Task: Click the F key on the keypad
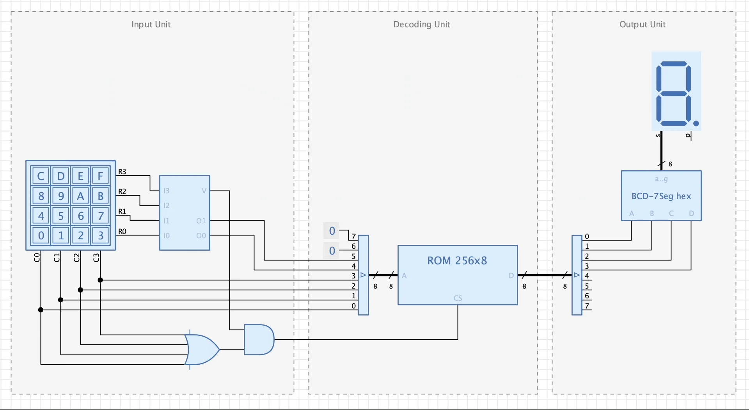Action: (100, 176)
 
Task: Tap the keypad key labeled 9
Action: (61, 196)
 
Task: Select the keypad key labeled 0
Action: (41, 235)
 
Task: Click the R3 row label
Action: (122, 171)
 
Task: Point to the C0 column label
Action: (37, 257)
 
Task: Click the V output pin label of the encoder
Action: (204, 191)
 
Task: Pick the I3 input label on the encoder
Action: (167, 191)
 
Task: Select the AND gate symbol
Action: (259, 340)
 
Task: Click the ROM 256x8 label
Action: (457, 261)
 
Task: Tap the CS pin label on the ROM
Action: (458, 298)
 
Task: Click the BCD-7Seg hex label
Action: (661, 196)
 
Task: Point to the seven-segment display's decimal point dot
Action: (696, 124)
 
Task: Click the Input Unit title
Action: (151, 25)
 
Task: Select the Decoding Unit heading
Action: (422, 25)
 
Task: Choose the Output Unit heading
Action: (643, 25)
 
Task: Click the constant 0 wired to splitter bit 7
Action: (332, 231)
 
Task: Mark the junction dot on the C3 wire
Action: (100, 280)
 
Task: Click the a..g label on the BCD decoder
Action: (661, 179)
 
